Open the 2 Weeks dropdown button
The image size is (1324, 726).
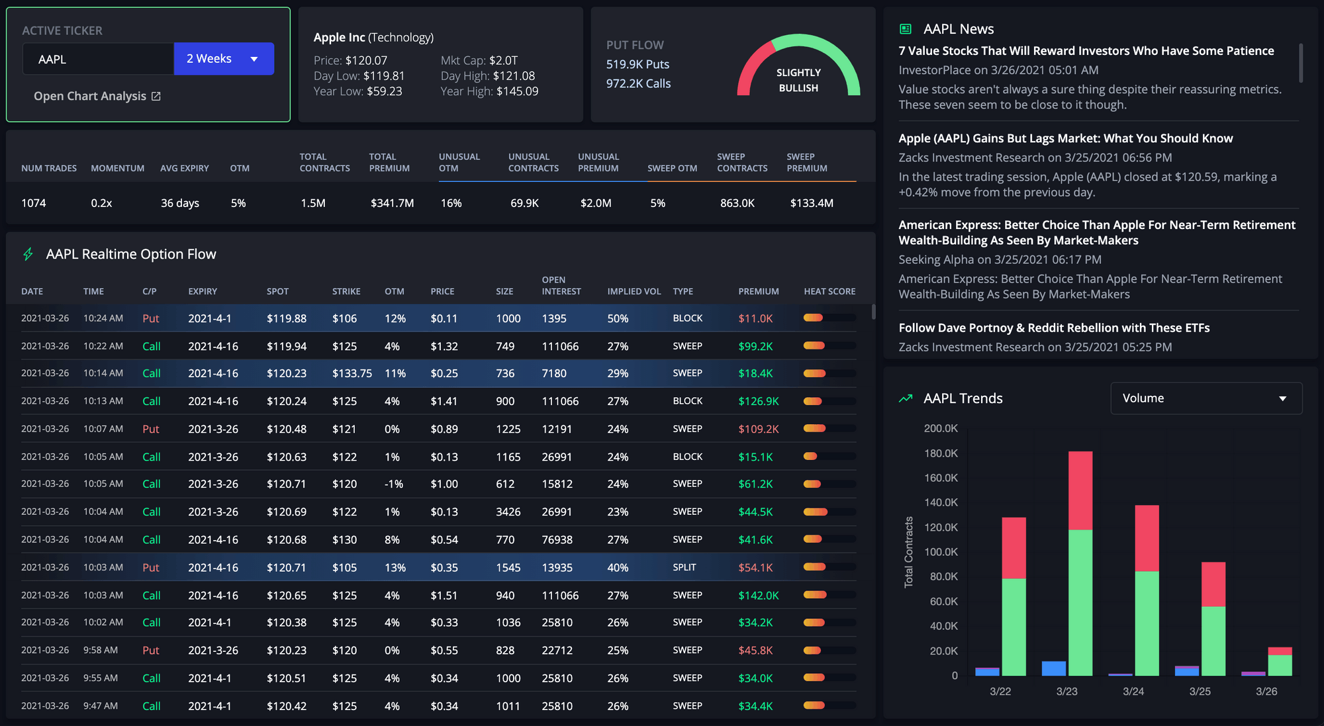point(223,59)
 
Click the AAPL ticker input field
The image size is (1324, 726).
point(98,59)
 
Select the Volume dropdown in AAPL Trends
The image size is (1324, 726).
point(1206,398)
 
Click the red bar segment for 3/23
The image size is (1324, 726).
point(1080,490)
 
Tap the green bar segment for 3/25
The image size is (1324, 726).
point(1213,640)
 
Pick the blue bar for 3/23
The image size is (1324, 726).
point(1053,668)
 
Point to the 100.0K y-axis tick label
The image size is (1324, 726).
point(941,552)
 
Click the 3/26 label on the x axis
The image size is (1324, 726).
point(1266,691)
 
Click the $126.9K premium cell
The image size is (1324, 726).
point(758,401)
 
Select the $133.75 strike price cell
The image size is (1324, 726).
point(352,373)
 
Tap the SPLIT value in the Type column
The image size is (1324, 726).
point(684,567)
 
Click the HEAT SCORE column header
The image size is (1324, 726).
point(829,291)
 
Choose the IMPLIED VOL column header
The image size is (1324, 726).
point(634,291)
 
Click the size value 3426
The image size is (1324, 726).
point(508,512)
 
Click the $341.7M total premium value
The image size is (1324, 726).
point(392,203)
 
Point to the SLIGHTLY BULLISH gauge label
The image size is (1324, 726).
point(798,80)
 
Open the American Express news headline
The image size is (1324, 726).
point(1096,232)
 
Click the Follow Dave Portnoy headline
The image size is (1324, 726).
point(1053,328)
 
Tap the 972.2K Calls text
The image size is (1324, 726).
point(638,83)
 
